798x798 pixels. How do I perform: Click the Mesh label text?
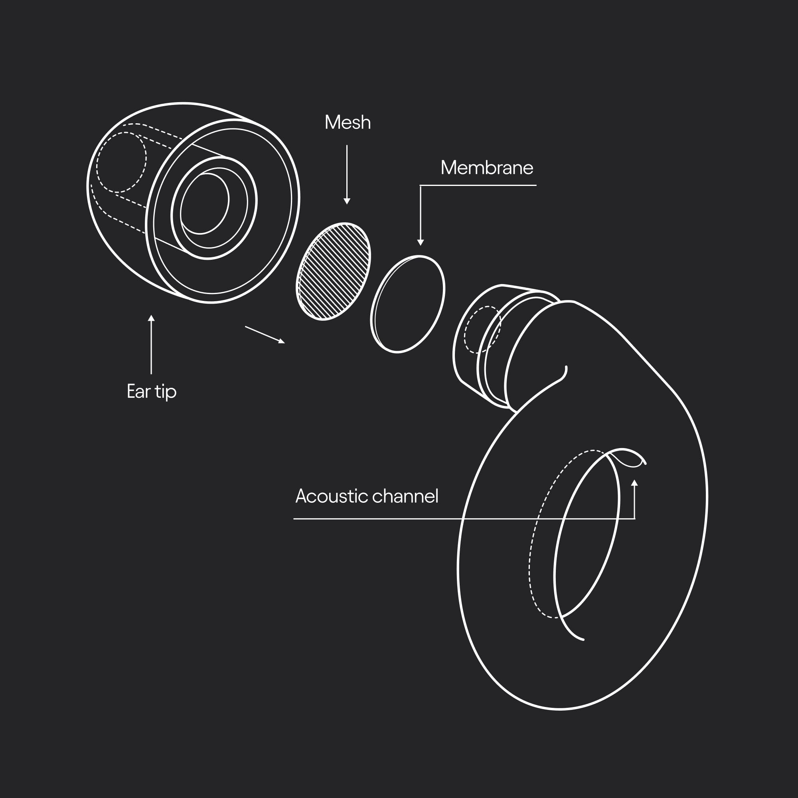[348, 122]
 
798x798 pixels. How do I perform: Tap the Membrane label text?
[486, 168]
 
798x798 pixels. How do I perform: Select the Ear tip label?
[151, 391]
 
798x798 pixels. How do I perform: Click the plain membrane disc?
[408, 304]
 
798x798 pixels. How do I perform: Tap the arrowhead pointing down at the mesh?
[347, 201]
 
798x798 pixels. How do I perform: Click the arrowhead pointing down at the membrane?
[421, 243]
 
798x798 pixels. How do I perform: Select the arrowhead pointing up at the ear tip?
[151, 318]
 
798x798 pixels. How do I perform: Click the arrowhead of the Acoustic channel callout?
[634, 482]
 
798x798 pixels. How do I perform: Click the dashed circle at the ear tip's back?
[121, 162]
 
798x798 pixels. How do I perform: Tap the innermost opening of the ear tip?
[204, 203]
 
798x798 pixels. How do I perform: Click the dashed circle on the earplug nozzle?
[482, 329]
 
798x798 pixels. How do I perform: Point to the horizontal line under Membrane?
[478, 185]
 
